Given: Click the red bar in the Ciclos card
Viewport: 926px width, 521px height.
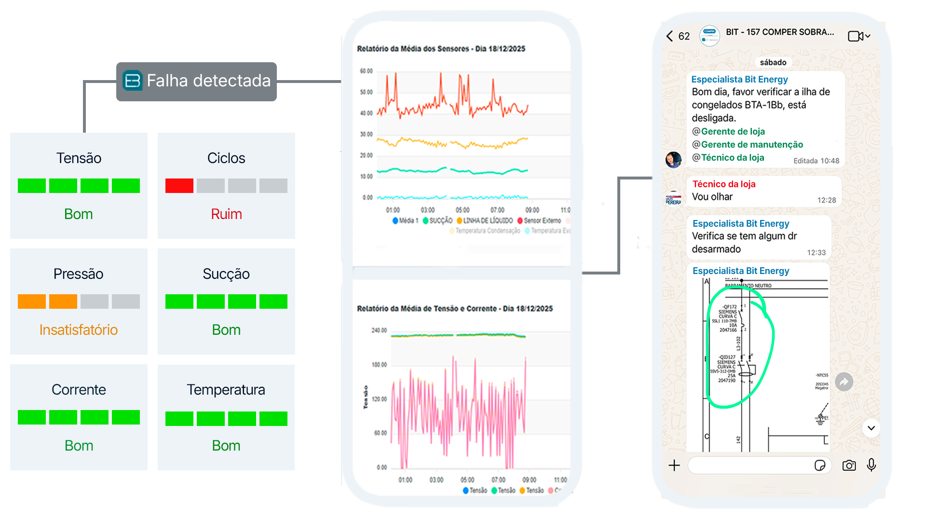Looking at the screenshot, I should [x=179, y=186].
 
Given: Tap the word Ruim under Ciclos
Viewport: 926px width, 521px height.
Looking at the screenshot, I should [x=226, y=214].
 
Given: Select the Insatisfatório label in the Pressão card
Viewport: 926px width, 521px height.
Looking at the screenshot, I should [x=79, y=329].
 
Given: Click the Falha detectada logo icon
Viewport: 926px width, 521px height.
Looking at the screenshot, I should [x=132, y=81].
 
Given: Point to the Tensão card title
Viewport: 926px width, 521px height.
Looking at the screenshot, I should [x=79, y=158].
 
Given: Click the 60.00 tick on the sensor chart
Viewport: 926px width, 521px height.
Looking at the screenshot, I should [x=366, y=71].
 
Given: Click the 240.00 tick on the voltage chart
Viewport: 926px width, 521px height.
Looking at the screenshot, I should [x=379, y=330].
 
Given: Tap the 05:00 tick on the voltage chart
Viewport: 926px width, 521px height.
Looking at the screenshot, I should [x=467, y=480].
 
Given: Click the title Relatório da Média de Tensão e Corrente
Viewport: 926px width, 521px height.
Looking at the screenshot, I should [x=454, y=309].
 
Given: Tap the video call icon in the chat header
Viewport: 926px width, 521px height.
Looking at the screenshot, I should [x=856, y=36].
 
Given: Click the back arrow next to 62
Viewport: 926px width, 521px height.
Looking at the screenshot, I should [x=669, y=36].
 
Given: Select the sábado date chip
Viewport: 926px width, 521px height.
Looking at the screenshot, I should [x=773, y=62].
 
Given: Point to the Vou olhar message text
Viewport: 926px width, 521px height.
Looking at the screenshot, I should [x=712, y=197].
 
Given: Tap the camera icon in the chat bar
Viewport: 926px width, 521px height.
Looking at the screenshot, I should [x=849, y=466].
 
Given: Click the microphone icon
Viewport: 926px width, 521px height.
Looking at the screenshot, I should [x=871, y=465].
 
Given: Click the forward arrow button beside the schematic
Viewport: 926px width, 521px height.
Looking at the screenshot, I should [x=844, y=382].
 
